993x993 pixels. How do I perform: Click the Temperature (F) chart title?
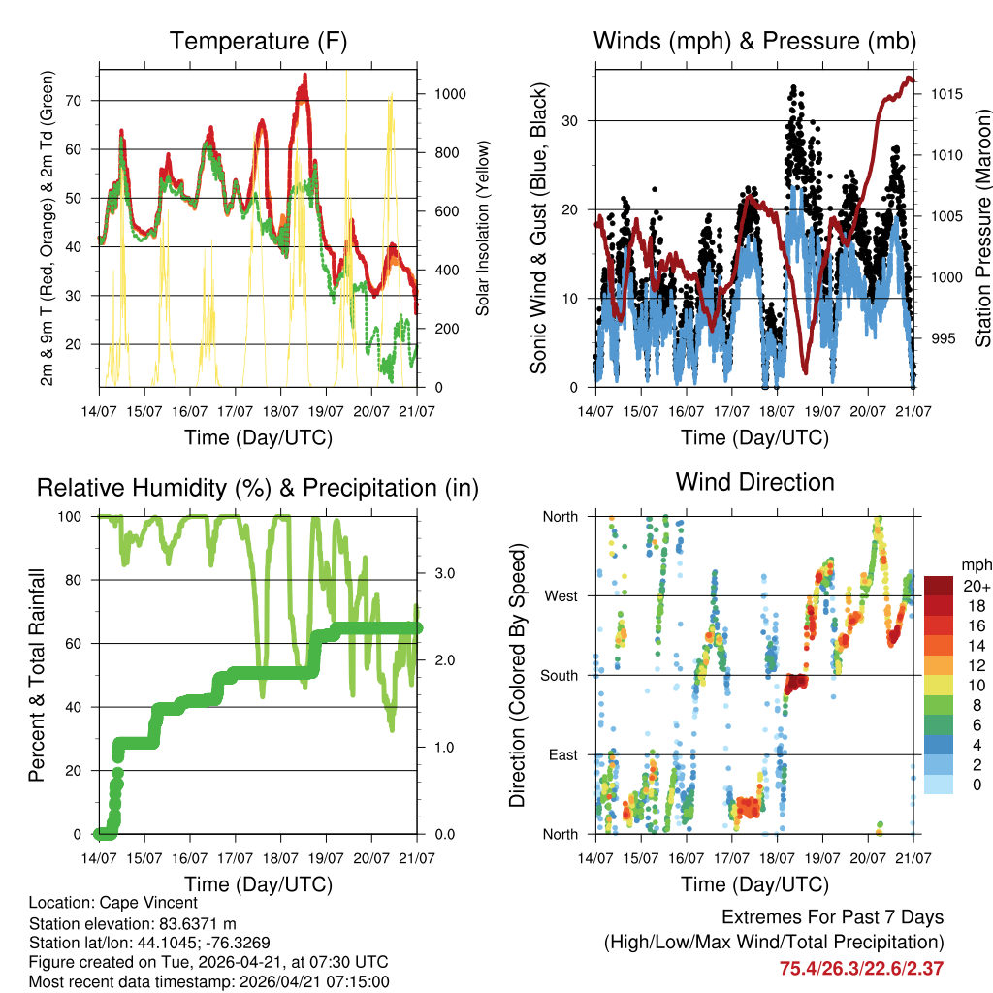[x=258, y=41]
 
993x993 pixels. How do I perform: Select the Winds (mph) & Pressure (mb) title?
[x=754, y=41]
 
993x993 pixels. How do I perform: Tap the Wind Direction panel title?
[x=754, y=481]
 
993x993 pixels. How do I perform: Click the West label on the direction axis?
[x=560, y=595]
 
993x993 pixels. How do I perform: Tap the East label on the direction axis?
[x=561, y=754]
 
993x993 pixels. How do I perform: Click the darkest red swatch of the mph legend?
[x=938, y=586]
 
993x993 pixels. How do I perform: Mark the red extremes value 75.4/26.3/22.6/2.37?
[x=861, y=968]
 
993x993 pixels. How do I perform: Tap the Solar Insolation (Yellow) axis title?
[x=482, y=228]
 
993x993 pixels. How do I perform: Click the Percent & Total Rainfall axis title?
[x=37, y=675]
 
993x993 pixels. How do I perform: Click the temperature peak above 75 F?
[x=304, y=76]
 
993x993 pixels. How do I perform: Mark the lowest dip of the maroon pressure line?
[x=805, y=371]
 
